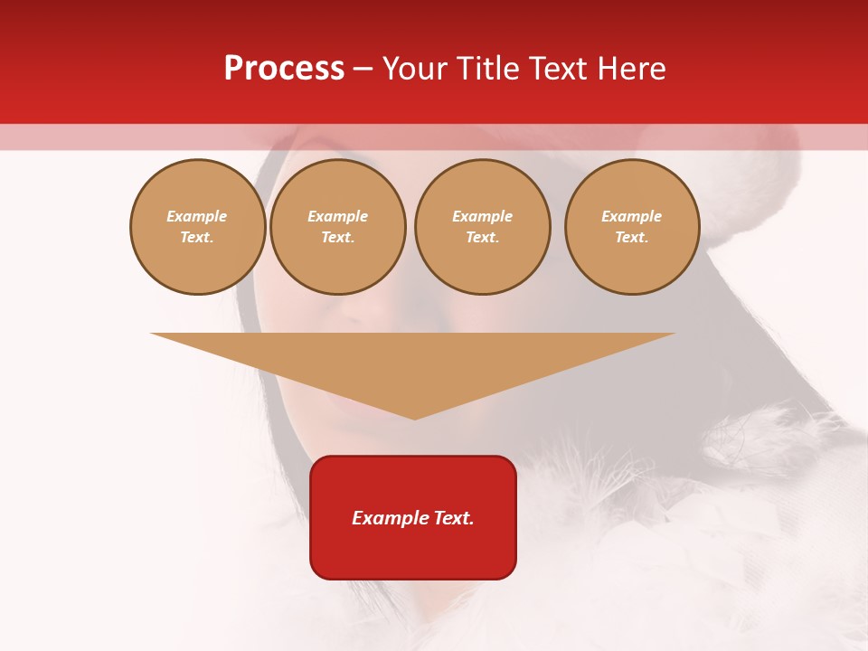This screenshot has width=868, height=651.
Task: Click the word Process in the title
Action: click(284, 69)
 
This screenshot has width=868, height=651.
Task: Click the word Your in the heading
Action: click(415, 69)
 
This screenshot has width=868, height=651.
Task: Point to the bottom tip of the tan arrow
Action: click(414, 418)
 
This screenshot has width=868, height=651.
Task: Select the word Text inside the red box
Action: click(453, 518)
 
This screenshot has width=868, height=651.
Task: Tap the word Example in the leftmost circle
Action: click(197, 216)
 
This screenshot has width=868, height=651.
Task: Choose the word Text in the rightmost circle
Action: click(631, 237)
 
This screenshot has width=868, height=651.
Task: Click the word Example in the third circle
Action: click(482, 216)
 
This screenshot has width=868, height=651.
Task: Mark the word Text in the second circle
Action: click(337, 237)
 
